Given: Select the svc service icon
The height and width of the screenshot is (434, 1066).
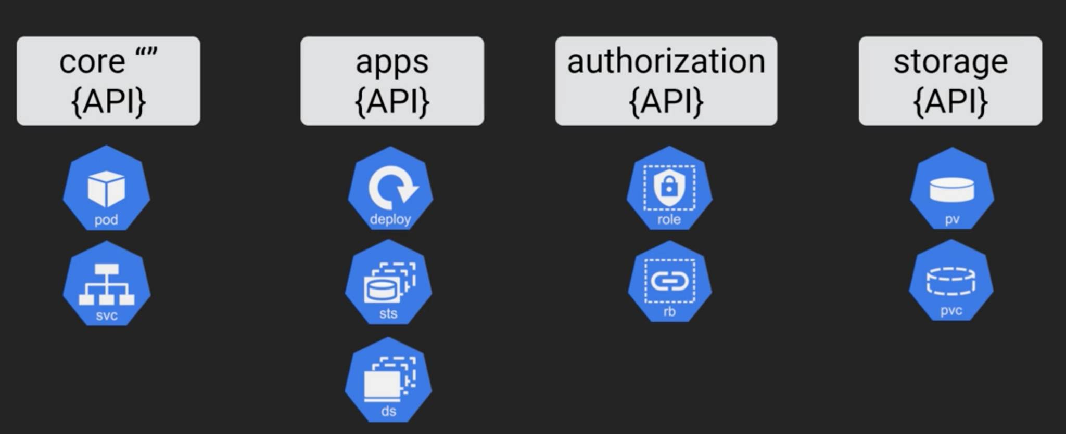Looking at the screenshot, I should [106, 284].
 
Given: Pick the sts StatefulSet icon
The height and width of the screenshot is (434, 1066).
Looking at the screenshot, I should [388, 283].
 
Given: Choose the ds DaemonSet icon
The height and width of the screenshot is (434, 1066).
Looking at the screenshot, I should [388, 380].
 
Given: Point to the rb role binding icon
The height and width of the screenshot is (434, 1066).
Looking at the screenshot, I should [669, 282].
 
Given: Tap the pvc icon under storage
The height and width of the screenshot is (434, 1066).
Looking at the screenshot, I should [951, 281].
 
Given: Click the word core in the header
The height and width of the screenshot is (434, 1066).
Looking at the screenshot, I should [92, 62].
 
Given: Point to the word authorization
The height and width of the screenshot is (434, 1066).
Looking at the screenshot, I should [666, 62].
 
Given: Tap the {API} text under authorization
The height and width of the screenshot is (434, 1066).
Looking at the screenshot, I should [666, 101].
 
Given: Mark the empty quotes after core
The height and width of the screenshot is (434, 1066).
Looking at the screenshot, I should [146, 52].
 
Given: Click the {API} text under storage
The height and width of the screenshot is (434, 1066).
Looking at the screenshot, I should [950, 101].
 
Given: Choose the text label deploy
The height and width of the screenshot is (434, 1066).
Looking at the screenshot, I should [390, 219].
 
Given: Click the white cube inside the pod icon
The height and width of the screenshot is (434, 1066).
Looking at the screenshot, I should [106, 188].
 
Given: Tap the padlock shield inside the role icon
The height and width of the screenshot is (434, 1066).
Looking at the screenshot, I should [669, 186].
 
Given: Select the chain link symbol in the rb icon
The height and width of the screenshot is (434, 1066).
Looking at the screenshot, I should [669, 281].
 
